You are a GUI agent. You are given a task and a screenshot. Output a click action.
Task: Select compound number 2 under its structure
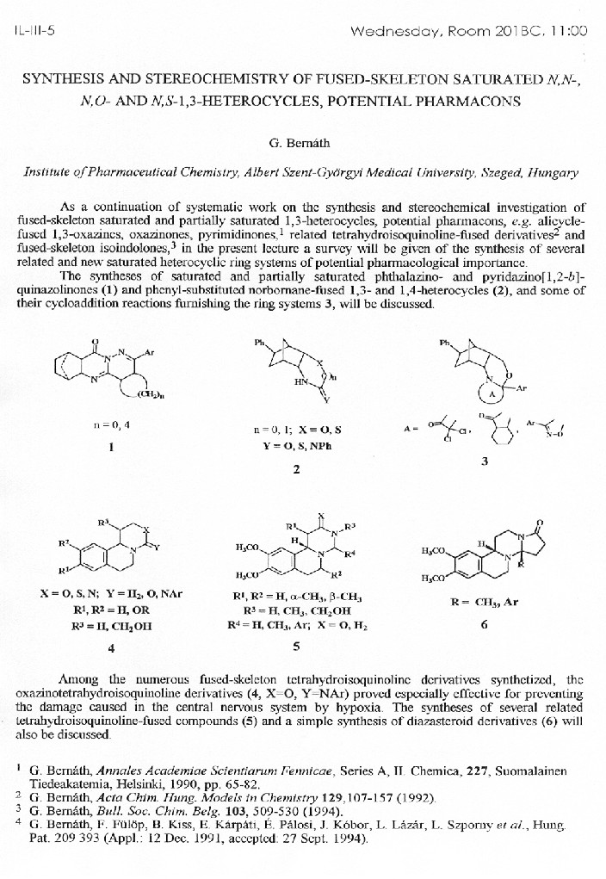point(296,470)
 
